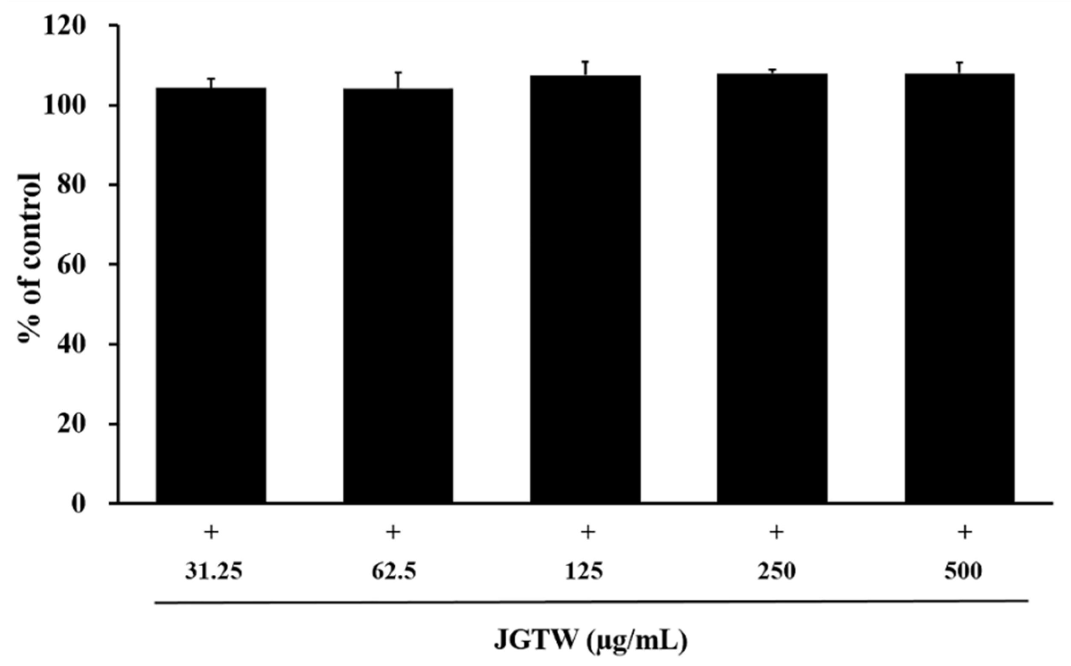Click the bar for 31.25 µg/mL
coord(211,295)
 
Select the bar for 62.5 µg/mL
coord(398,295)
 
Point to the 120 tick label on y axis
coord(64,27)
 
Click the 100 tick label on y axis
coord(64,106)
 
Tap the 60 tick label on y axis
coord(70,266)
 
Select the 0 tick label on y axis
coord(78,504)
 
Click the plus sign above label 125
coord(588,533)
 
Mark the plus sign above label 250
coord(777,533)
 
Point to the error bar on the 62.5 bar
coord(399,80)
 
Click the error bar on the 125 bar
coord(586,68)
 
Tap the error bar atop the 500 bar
coord(960,68)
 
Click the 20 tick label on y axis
coord(70,425)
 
